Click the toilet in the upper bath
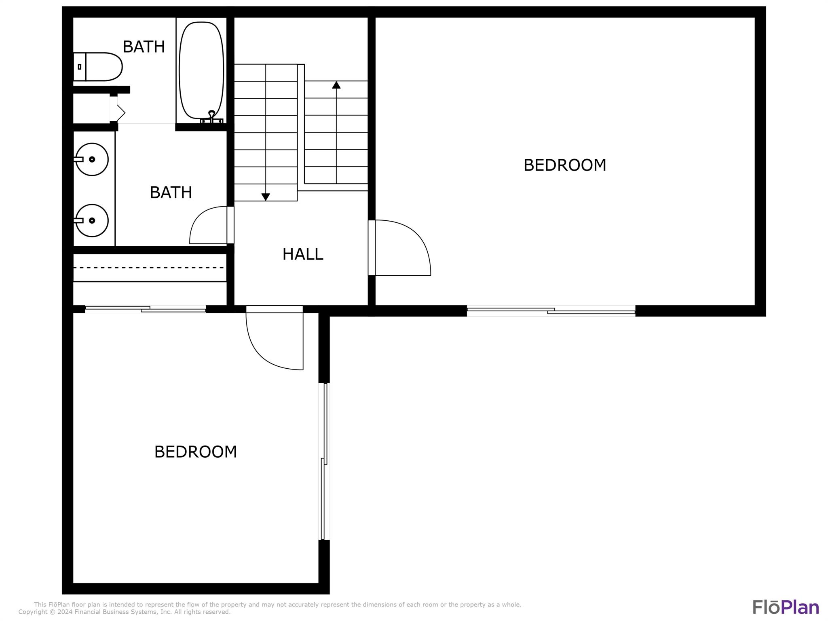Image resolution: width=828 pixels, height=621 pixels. (97, 67)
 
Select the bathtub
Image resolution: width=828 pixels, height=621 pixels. (201, 70)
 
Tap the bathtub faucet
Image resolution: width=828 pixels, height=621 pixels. (212, 117)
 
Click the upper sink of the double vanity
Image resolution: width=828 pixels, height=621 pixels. (91, 159)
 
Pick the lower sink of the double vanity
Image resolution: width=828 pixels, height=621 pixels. (91, 220)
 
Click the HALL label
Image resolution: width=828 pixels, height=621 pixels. (303, 254)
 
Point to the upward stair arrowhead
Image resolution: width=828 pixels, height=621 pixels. (336, 85)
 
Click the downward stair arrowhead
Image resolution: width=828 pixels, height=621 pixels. (266, 197)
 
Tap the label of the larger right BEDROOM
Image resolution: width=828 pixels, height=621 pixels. (565, 165)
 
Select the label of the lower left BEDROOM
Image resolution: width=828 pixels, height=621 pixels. (196, 452)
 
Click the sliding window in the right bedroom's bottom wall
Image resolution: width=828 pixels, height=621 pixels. (551, 311)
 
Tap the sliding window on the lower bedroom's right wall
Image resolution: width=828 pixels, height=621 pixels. (324, 461)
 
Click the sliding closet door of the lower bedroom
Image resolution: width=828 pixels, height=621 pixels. (146, 309)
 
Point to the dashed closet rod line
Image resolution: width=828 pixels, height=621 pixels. (148, 268)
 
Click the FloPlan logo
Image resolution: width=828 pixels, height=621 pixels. (786, 607)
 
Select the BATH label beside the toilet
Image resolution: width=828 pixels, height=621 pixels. (144, 47)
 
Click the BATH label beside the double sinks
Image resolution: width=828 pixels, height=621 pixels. (171, 192)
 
